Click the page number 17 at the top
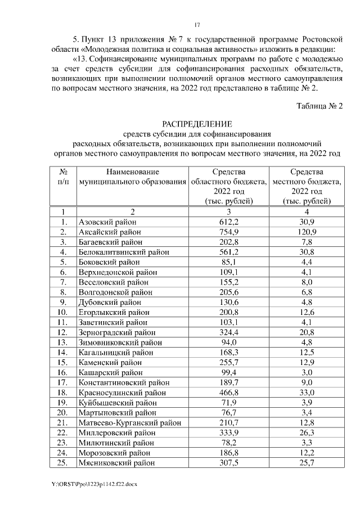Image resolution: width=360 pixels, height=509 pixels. click(197, 25)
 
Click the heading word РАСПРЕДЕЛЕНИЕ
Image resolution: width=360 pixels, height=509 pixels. click(197, 124)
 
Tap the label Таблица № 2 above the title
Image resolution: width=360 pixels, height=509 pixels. click(319, 106)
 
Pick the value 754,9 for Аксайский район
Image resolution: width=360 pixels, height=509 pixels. click(229, 232)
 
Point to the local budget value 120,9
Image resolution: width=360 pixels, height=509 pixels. click(307, 232)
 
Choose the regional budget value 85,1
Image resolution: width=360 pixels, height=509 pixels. click(229, 262)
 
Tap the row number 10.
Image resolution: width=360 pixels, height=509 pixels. click(64, 312)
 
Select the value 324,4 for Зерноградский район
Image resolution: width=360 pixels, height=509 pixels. click(229, 332)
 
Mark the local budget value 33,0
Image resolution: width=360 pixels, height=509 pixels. click(307, 393)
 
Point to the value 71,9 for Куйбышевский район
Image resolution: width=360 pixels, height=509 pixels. click(229, 403)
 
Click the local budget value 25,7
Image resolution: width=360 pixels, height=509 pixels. click(307, 463)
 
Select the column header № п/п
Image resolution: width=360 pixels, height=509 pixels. click(64, 177)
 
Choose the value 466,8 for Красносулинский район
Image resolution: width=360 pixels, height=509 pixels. click(229, 393)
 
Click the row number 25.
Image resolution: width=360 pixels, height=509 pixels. click(64, 463)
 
